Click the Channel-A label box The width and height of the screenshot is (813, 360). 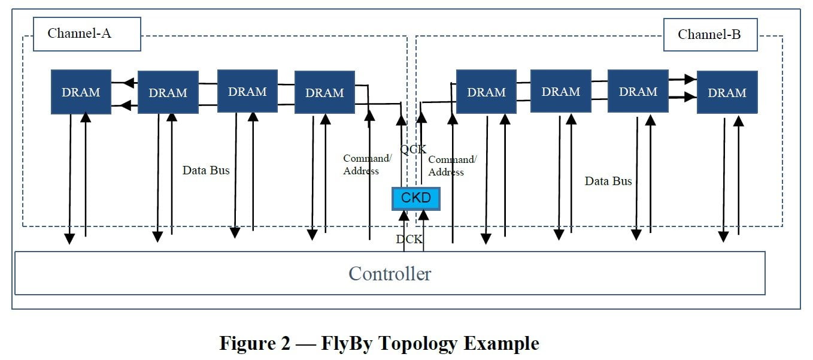tap(87, 34)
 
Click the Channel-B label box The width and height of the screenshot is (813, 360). tap(710, 35)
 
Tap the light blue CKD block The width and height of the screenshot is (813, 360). tap(416, 198)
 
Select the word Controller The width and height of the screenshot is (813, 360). tap(390, 274)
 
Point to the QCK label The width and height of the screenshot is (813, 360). tap(413, 149)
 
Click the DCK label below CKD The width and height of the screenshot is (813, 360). tap(409, 239)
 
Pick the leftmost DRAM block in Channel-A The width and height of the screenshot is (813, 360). tap(81, 92)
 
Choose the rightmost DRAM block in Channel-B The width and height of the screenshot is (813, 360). tap(727, 92)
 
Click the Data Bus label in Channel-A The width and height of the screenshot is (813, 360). tap(206, 170)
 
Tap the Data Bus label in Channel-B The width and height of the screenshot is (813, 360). tap(608, 181)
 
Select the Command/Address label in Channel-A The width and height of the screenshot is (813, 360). tap(368, 165)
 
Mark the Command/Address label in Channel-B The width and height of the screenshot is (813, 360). tap(452, 166)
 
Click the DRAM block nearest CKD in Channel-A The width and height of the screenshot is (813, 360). tap(324, 92)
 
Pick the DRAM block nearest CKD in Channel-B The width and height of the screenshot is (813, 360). tap(486, 92)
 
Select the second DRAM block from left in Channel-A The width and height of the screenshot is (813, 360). tap(168, 92)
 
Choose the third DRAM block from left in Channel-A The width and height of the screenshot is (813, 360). tap(247, 91)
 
